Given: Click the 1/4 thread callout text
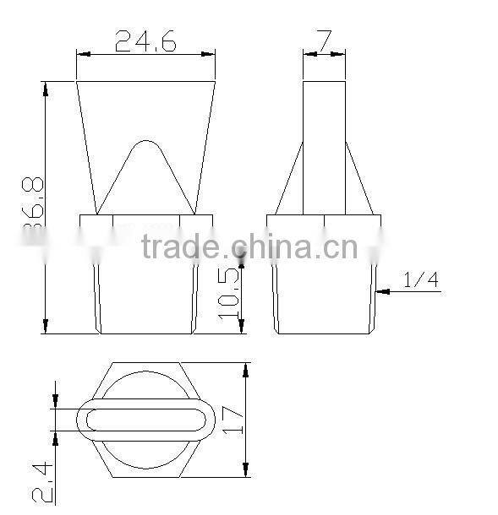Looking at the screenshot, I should (x=420, y=280).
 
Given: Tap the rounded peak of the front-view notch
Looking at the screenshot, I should (x=145, y=142).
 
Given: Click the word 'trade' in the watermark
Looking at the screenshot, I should (x=179, y=248).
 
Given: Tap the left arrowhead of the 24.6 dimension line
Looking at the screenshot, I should (x=81, y=55).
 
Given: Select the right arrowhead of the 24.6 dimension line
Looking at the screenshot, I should (x=211, y=55).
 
